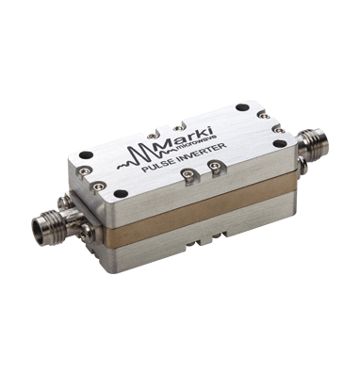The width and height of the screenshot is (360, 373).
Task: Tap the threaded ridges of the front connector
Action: pyautogui.click(x=57, y=221)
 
